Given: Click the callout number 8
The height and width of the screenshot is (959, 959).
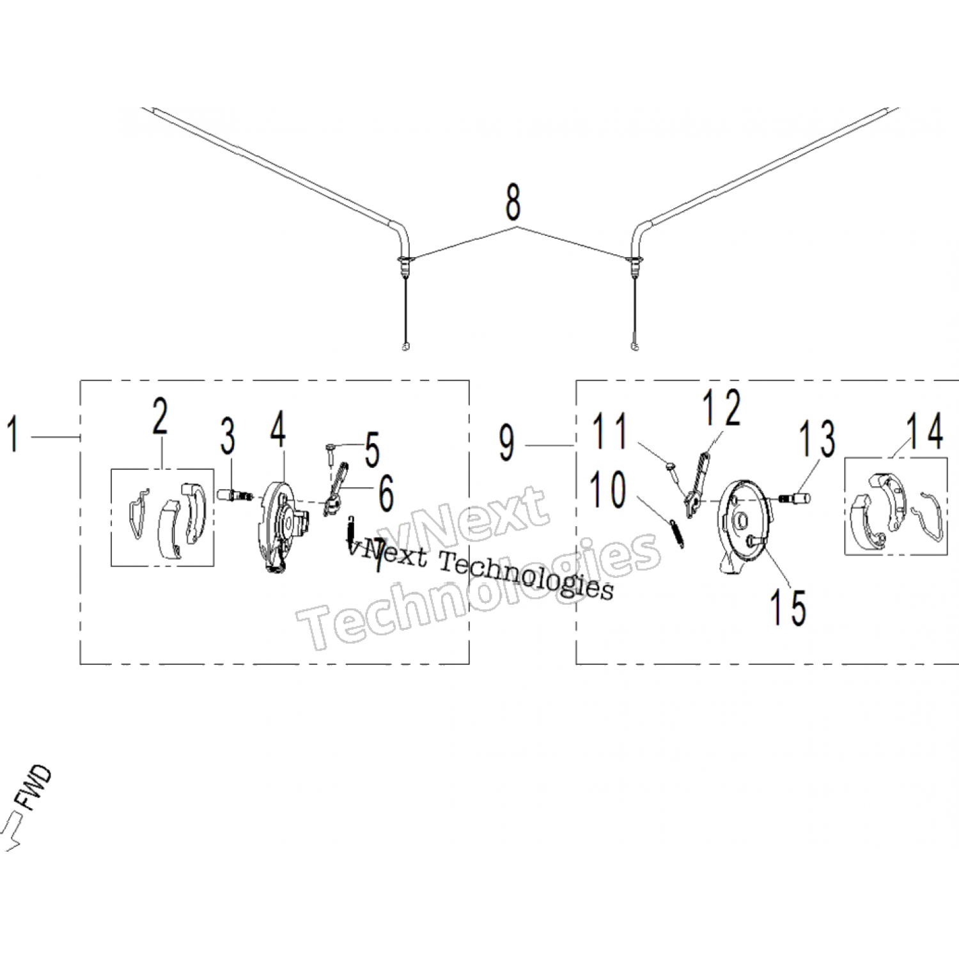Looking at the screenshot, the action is pyautogui.click(x=513, y=202).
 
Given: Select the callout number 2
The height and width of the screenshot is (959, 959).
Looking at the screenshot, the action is pyautogui.click(x=160, y=416).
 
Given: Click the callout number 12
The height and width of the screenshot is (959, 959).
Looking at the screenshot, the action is pyautogui.click(x=722, y=407).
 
